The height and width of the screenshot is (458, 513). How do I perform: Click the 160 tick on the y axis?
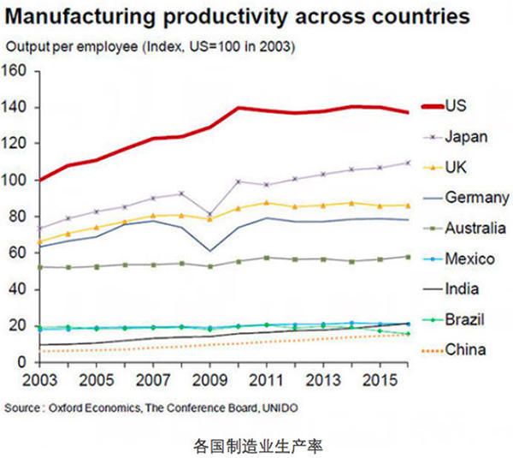pos(18,71)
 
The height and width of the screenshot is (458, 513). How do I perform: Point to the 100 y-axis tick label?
pos(18,181)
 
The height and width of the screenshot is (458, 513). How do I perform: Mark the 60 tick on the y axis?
pos(21,253)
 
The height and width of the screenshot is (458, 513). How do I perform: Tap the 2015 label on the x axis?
pos(383,378)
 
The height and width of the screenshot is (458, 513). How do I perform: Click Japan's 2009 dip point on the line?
pos(211,215)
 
